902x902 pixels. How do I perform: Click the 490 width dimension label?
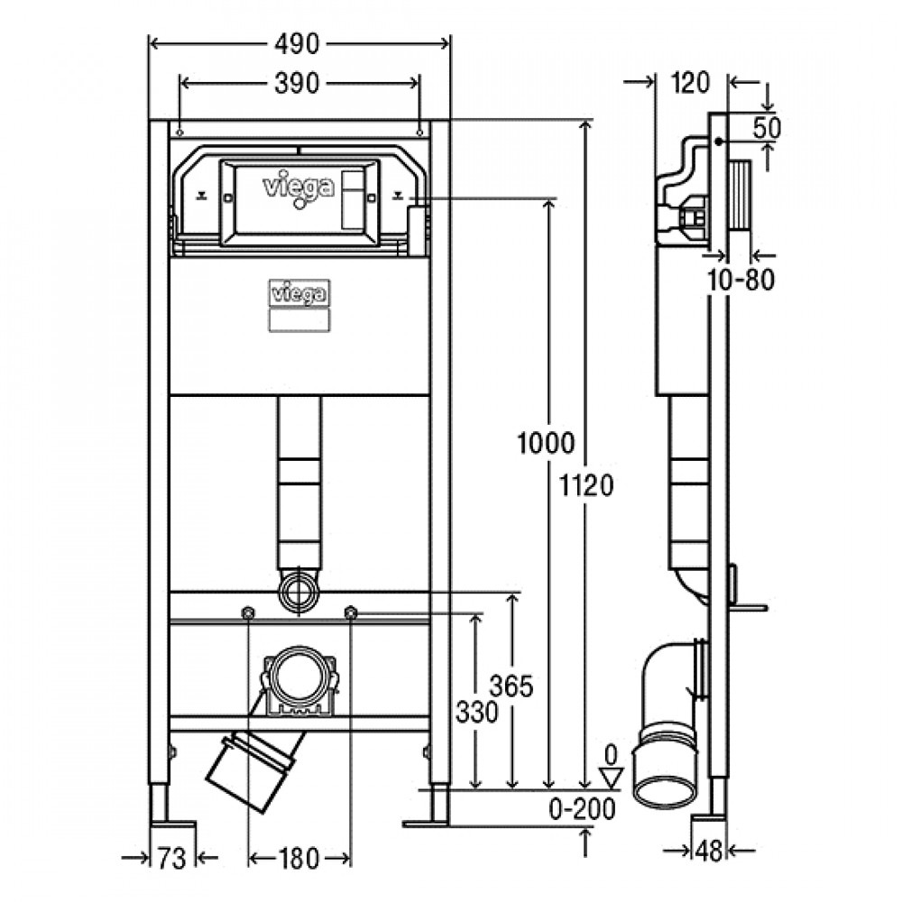(296, 44)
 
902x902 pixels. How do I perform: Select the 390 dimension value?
(296, 84)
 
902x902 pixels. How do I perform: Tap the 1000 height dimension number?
(546, 444)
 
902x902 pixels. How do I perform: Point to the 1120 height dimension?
(587, 486)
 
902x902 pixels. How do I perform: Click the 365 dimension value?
(511, 686)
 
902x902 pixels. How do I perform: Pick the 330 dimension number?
(477, 713)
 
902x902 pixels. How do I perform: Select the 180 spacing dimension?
(299, 860)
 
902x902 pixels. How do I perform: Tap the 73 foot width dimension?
(172, 860)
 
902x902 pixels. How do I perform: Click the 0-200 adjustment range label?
(582, 810)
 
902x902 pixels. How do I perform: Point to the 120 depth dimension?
(691, 83)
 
